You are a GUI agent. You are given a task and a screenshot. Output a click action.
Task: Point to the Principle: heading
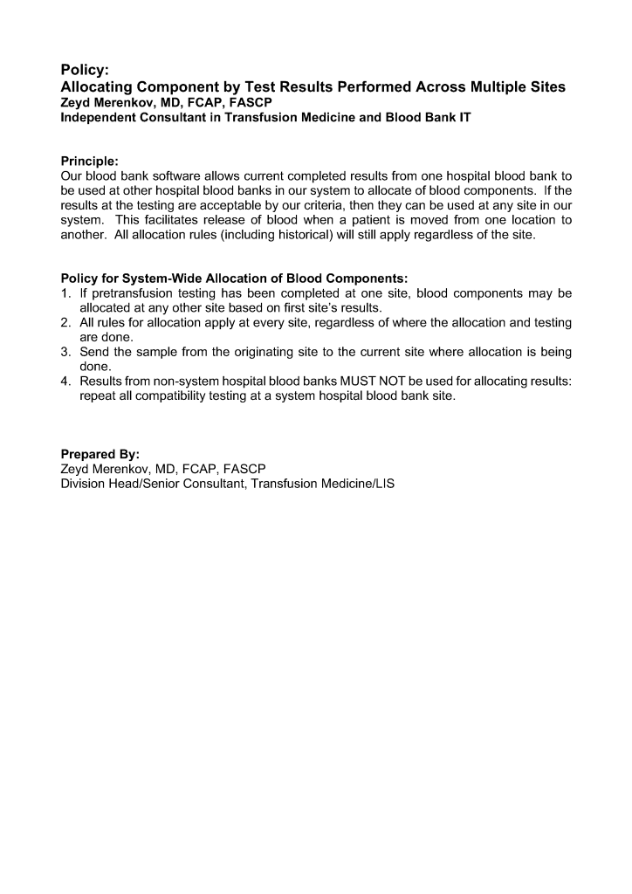coord(89,161)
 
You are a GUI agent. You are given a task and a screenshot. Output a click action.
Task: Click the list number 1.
coord(65,293)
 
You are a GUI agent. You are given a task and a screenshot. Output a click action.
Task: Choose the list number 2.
coord(65,323)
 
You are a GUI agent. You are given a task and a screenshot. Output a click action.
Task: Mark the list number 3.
coord(65,353)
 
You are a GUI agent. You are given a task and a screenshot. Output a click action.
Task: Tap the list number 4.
coord(65,382)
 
